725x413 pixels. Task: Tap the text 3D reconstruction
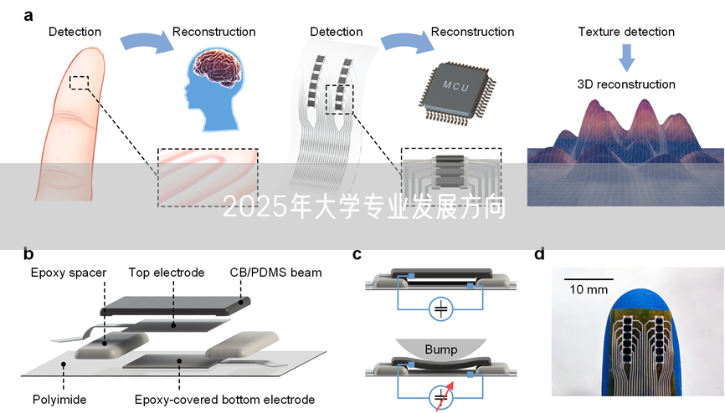(625, 84)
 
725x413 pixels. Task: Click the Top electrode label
(167, 273)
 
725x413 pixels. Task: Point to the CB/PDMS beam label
(275, 273)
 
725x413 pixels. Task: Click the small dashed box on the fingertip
(79, 82)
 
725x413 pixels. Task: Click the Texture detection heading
(625, 32)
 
